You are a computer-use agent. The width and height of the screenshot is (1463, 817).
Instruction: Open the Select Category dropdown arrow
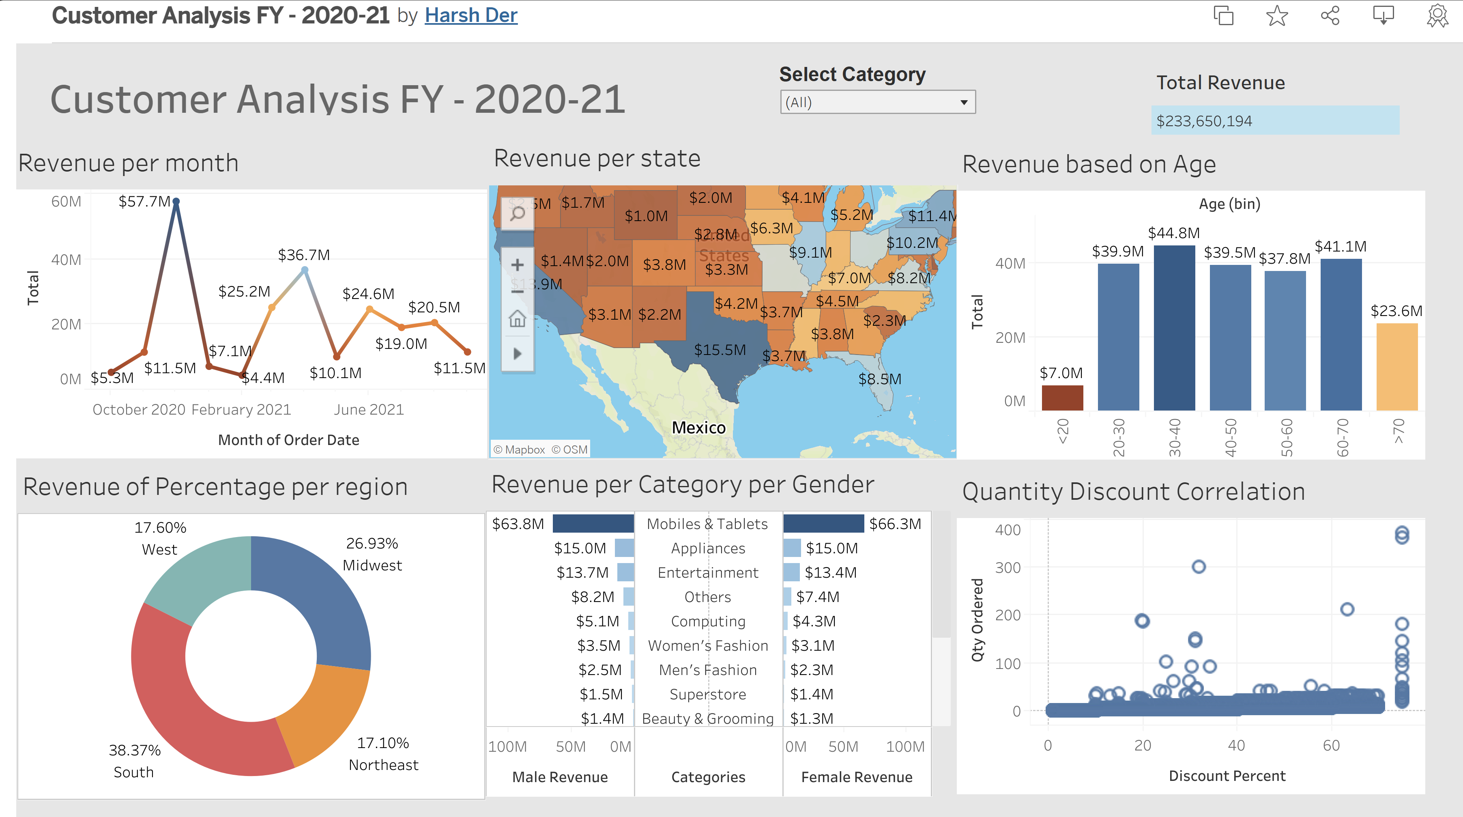[x=963, y=102]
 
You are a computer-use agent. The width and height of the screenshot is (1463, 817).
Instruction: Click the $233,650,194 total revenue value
[x=1204, y=121]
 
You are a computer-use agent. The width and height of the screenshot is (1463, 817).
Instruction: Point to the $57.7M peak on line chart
[x=176, y=202]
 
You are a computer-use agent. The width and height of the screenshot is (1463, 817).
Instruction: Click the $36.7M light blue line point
[x=305, y=271]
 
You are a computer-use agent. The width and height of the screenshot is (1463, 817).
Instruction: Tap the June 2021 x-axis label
[x=369, y=410]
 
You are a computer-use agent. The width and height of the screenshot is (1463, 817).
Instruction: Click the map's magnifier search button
[x=517, y=214]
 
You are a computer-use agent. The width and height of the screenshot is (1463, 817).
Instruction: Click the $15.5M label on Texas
[x=720, y=349]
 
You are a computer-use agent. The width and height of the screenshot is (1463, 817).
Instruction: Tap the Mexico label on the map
[x=698, y=427]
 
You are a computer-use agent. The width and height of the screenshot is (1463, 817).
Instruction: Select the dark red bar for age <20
[x=1062, y=398]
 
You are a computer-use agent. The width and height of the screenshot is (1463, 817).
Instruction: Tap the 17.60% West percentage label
[x=160, y=527]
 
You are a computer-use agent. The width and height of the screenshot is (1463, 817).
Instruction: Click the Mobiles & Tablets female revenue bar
[x=823, y=523]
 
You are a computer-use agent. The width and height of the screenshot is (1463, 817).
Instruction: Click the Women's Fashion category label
[x=708, y=645]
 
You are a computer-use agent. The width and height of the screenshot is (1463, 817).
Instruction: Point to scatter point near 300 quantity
[x=1198, y=566]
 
